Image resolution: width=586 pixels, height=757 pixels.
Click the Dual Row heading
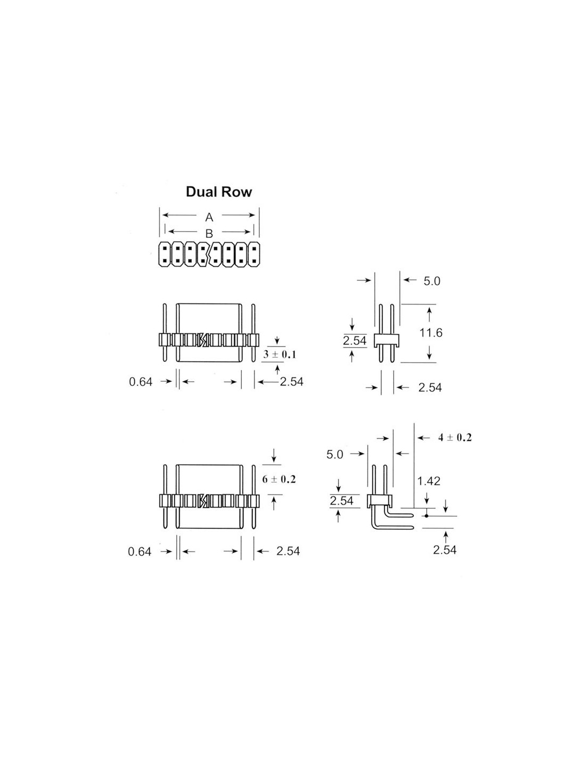pos(218,192)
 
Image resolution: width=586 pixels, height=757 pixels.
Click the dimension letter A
pos(209,217)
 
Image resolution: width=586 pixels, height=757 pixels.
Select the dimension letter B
pos(209,233)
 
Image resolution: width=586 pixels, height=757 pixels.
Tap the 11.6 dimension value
pos(430,333)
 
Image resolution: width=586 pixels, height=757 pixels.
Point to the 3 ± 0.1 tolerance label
pos(279,355)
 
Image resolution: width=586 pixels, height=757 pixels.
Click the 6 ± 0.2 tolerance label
pos(279,479)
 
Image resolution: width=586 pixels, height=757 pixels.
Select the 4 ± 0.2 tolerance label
pos(455,438)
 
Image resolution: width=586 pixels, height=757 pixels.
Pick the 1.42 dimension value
pos(429,481)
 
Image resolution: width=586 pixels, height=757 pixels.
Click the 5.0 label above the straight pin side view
pos(432,281)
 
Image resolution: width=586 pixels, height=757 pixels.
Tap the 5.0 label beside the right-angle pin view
pos(335,455)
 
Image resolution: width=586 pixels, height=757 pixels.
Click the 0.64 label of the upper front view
pos(141,382)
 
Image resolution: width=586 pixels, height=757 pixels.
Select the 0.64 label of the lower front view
pos(140,552)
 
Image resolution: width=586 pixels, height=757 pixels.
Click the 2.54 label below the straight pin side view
pos(430,388)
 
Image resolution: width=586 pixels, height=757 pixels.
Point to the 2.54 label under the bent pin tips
pos(444,550)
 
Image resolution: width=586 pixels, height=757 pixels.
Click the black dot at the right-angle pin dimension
pos(426,515)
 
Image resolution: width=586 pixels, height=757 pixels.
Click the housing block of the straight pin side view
pos(386,340)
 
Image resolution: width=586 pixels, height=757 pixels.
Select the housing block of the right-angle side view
pos(379,501)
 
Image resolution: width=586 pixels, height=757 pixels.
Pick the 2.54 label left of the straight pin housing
pos(354,340)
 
